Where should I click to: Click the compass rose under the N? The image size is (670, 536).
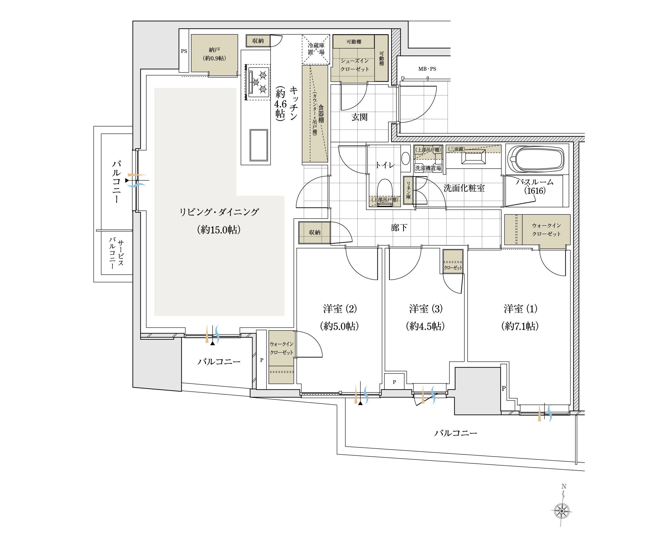(562, 511)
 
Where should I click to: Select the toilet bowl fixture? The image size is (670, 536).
(385, 190)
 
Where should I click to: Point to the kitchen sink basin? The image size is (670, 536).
(259, 145)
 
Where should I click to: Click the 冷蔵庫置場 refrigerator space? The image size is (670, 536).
(316, 49)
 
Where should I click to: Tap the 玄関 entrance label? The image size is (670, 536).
(360, 117)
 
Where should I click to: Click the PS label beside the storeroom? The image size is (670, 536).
(184, 51)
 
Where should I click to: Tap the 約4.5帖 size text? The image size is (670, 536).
(425, 326)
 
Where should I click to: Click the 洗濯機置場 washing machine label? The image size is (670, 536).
(428, 168)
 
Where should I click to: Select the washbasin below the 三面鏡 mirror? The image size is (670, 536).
(473, 157)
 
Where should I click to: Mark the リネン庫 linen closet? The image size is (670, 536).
(408, 190)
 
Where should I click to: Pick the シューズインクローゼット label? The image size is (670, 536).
(355, 65)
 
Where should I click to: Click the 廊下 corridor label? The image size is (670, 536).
(399, 228)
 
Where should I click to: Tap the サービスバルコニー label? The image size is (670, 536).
(116, 253)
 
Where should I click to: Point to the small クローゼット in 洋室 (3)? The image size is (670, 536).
(453, 261)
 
